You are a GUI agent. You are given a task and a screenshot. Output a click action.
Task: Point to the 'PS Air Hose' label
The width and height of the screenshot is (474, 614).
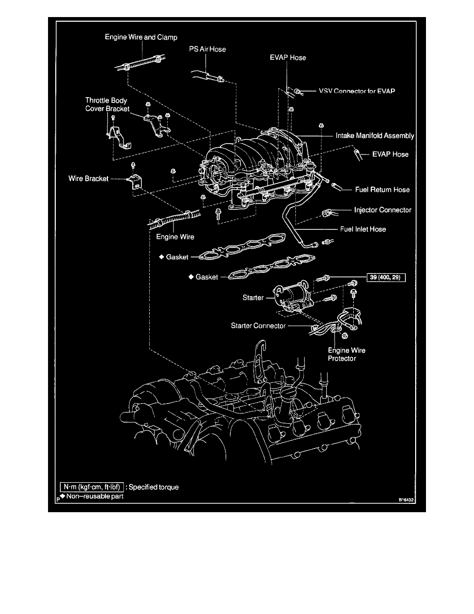pos(208,49)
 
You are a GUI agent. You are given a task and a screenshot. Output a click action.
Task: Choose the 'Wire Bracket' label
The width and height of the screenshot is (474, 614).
pos(88,179)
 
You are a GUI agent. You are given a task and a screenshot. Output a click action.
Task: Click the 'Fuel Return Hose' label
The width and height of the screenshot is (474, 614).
pos(382,190)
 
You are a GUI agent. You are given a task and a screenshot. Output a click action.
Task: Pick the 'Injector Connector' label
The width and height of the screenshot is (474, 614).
pos(383,210)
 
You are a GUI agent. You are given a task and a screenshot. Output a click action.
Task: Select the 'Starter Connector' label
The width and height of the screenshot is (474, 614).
pos(257,326)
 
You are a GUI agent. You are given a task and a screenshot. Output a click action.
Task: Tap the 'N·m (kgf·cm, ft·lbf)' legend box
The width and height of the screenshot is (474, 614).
pos(92,487)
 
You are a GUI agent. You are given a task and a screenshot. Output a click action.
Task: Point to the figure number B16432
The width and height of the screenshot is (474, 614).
pos(407,500)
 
